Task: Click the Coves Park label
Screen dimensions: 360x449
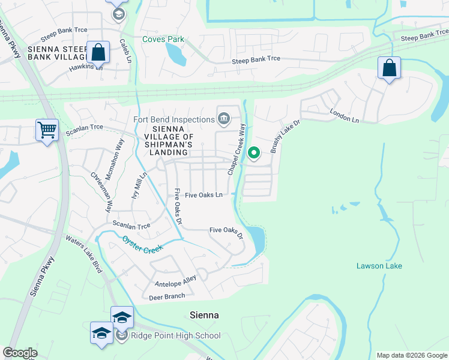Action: tap(163, 40)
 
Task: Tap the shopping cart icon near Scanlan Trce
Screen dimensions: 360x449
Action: tap(47, 130)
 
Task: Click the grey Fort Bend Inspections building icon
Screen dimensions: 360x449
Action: tap(223, 118)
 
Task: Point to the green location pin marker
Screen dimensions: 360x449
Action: tap(254, 154)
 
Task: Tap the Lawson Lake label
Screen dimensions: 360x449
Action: tap(379, 266)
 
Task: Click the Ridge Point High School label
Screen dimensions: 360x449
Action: tap(176, 335)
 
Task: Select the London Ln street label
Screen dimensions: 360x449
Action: tap(344, 116)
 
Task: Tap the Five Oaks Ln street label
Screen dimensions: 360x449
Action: tap(203, 195)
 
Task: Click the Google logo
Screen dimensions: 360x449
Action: tap(20, 353)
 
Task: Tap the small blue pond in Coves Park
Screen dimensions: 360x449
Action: tap(176, 55)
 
